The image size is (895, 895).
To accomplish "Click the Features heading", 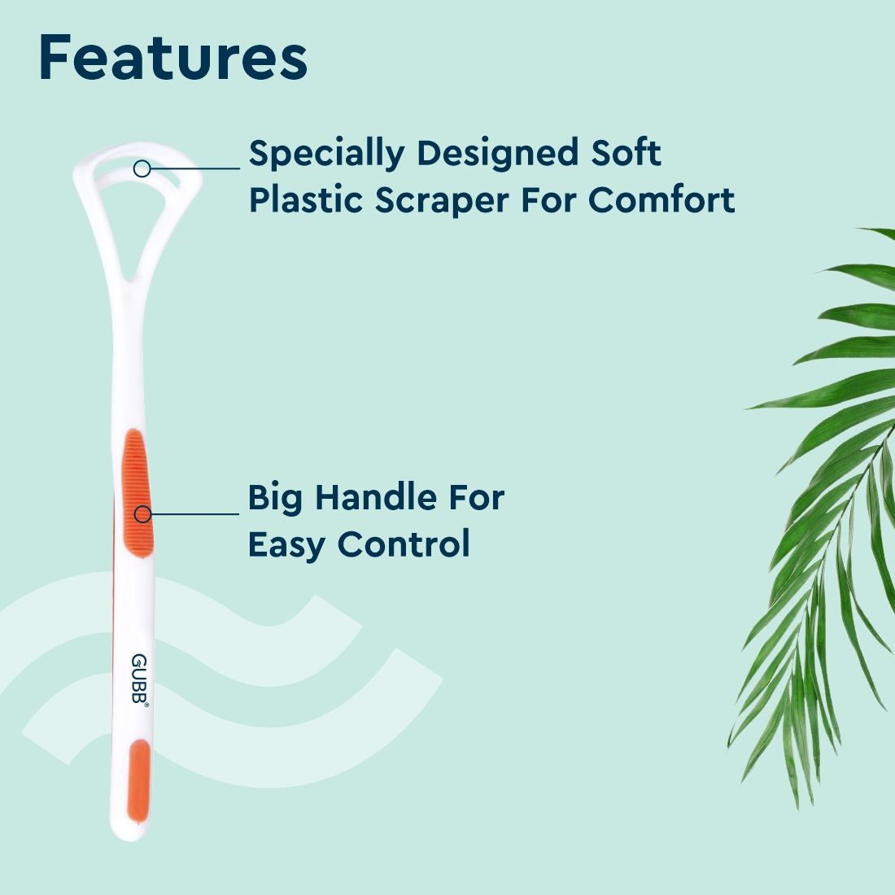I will (x=172, y=59).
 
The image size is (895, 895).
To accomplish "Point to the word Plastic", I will (x=305, y=199).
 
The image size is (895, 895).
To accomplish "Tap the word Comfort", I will (x=661, y=199).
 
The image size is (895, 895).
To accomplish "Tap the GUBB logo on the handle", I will (x=139, y=680).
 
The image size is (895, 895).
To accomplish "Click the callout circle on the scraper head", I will (x=142, y=168).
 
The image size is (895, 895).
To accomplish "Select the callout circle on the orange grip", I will (x=142, y=513).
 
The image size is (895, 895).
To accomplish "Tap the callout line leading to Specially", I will (x=195, y=168).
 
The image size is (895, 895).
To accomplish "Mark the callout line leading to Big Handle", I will (x=195, y=513).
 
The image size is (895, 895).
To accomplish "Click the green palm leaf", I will (x=822, y=488).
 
